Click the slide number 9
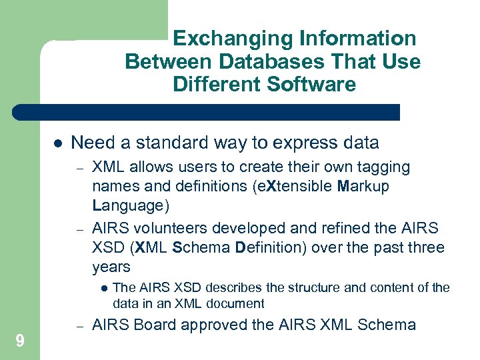tap(20, 342)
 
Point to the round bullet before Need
tap(57, 143)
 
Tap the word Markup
tap(364, 186)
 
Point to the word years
tap(111, 267)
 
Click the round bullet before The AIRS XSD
tap(105, 289)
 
